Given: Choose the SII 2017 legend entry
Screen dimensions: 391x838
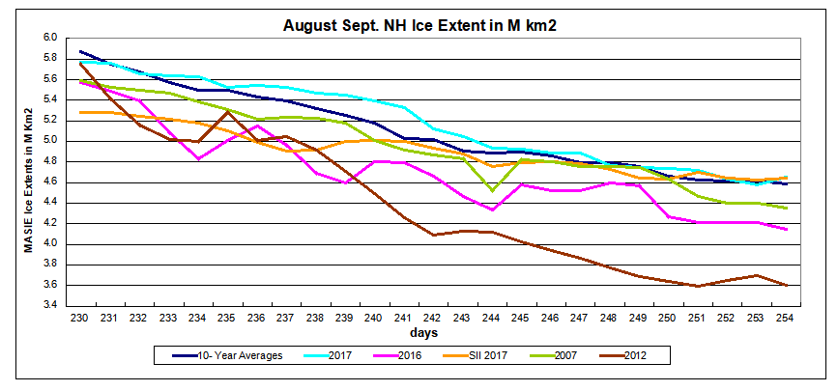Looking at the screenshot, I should point(492,354).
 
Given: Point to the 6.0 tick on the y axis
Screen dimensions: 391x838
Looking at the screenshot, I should point(50,38).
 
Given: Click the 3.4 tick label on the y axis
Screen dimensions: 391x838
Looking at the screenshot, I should point(50,306).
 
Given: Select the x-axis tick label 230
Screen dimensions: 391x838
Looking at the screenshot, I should point(80,317).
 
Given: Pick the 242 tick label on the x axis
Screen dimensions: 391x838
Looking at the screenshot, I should point(435,317).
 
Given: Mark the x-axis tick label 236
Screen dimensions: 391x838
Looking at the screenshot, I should point(258,317).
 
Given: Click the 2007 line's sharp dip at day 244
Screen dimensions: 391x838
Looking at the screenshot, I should point(493,190).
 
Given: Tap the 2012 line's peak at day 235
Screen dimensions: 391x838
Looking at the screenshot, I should point(227,112).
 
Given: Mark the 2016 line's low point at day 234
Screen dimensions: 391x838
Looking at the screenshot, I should point(198,158).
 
